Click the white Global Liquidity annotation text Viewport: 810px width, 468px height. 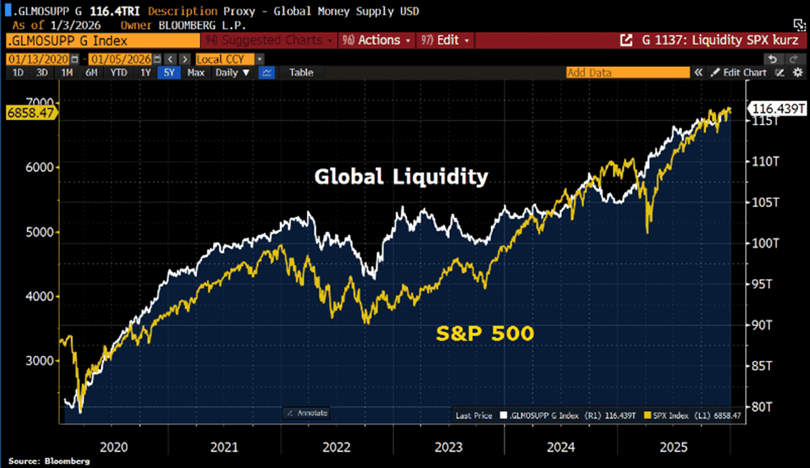401,177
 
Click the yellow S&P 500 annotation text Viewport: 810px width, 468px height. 485,334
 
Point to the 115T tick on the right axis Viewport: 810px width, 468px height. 765,121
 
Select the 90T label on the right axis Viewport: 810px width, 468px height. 765,325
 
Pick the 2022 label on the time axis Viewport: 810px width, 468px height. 336,447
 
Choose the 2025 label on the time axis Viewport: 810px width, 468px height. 673,447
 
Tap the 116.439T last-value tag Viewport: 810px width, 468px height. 777,109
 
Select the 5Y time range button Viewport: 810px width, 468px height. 169,73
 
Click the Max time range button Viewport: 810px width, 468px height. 195,73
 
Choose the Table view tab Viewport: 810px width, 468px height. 302,73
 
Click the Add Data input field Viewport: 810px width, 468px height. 627,73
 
